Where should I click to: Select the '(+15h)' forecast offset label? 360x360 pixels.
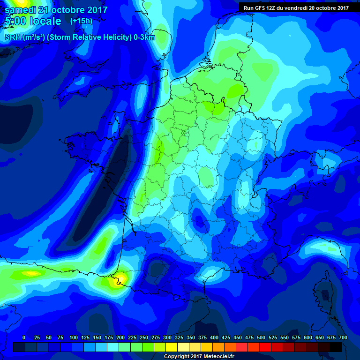pyautogui.click(x=81, y=21)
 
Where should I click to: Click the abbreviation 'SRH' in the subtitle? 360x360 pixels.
pyautogui.click(x=13, y=37)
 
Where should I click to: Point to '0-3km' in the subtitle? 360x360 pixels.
pyautogui.click(x=144, y=37)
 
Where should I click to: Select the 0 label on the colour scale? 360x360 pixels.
pyautogui.click(x=24, y=337)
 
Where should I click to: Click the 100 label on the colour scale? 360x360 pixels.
pyautogui.click(x=74, y=337)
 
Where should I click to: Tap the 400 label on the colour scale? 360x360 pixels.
pyautogui.click(x=214, y=337)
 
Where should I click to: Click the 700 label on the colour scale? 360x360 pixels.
pyautogui.click(x=343, y=337)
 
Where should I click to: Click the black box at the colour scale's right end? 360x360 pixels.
pyautogui.click(x=336, y=347)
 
